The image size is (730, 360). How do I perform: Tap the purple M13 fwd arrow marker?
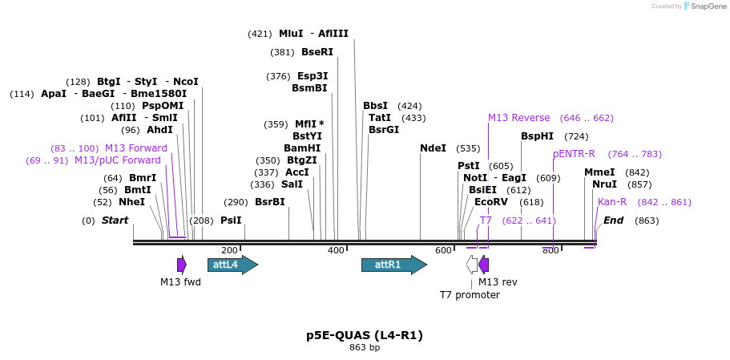(x=182, y=265)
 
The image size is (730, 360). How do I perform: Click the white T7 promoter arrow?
(x=473, y=265)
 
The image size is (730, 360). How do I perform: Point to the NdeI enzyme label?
(x=433, y=148)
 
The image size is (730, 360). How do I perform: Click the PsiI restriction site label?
(x=231, y=220)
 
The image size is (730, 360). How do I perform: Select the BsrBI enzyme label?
(x=269, y=202)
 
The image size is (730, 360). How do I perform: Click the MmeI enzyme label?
(x=599, y=172)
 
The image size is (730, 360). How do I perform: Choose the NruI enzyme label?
(x=604, y=184)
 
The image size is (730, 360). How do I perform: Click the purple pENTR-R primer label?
(x=574, y=154)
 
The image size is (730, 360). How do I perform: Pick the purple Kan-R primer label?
(x=612, y=202)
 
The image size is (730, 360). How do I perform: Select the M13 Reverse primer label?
(x=519, y=118)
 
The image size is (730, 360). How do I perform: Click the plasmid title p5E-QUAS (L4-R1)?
(x=365, y=335)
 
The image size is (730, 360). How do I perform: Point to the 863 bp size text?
(x=365, y=348)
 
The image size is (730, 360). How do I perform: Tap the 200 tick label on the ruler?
(x=229, y=251)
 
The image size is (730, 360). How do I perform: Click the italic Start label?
(x=115, y=220)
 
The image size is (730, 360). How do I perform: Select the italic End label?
(x=613, y=220)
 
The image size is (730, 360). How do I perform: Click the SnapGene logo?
(x=705, y=6)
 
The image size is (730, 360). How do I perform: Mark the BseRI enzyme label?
(x=317, y=52)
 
